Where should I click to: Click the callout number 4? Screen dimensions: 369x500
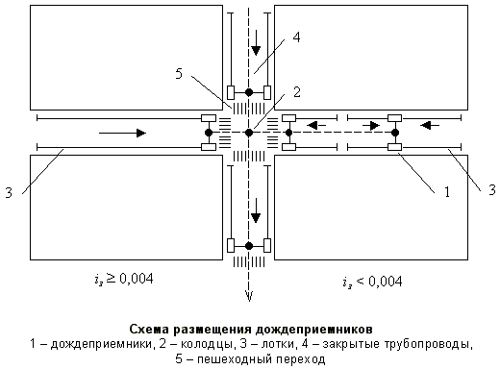click(x=297, y=37)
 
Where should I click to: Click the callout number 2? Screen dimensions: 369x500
click(x=298, y=92)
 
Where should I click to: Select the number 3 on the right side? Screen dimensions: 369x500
click(x=492, y=189)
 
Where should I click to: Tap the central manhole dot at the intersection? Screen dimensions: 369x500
click(x=249, y=132)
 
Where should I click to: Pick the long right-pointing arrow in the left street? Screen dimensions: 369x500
click(x=123, y=132)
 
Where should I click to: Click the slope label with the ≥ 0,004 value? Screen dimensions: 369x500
click(x=120, y=280)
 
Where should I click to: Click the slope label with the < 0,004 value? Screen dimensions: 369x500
click(x=372, y=282)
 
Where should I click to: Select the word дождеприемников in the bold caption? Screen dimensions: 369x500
click(x=316, y=328)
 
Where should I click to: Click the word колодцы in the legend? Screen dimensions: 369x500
click(x=210, y=343)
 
